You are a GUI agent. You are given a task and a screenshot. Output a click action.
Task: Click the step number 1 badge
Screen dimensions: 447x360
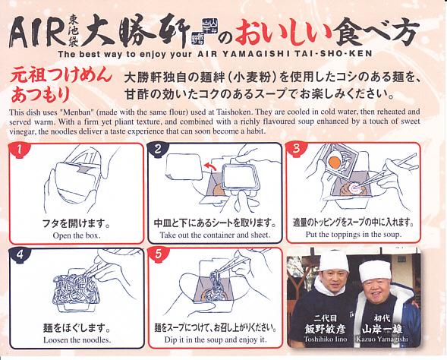click(19, 150)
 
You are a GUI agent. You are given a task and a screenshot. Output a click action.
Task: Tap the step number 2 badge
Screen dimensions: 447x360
click(158, 149)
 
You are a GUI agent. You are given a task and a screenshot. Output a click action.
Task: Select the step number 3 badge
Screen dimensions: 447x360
click(297, 149)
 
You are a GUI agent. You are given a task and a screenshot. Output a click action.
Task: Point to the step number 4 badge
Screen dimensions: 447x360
click(20, 254)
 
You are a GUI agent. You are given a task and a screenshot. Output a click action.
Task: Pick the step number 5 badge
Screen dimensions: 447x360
click(159, 254)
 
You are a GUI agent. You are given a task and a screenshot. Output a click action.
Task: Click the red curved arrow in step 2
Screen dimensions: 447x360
click(210, 166)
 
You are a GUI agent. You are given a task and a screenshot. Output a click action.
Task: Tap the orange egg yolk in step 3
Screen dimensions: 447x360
click(334, 163)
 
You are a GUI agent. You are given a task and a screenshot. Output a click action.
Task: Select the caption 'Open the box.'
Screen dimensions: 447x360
click(77, 236)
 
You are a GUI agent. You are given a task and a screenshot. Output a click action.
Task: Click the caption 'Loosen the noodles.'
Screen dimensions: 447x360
click(77, 340)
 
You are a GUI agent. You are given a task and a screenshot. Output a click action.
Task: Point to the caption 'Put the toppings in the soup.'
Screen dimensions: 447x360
click(354, 235)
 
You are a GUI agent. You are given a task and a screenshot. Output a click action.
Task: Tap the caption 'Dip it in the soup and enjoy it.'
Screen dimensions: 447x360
click(216, 339)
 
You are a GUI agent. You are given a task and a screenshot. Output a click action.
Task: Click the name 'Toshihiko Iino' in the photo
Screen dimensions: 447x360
click(326, 339)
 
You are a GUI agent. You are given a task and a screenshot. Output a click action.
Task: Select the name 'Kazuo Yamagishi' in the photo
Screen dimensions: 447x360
click(382, 339)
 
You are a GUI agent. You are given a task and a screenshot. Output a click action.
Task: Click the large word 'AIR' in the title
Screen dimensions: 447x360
click(37, 32)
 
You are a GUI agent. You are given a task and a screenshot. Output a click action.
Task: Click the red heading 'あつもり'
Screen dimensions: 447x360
click(40, 95)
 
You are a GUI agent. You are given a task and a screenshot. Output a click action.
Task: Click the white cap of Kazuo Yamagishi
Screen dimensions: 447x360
click(375, 270)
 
